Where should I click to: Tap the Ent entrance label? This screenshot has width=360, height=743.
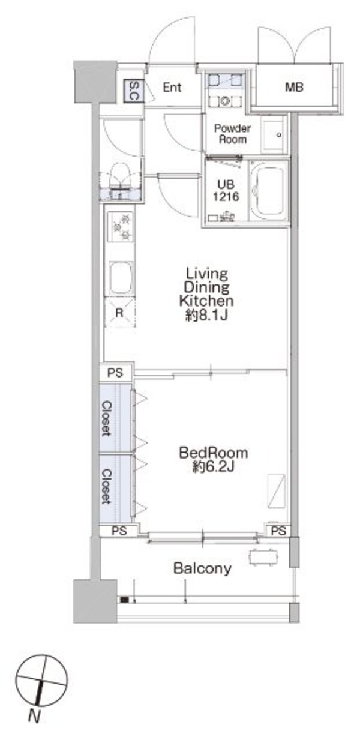[172, 88]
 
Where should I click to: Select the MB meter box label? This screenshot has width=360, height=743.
[294, 88]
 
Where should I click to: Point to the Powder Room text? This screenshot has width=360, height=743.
[232, 134]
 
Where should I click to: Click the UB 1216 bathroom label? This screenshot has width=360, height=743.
[226, 190]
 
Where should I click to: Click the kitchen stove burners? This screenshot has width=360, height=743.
[120, 227]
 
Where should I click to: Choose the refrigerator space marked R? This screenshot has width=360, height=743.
[119, 313]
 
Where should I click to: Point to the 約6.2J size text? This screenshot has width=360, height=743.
[214, 467]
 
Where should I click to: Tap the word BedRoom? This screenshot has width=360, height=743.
[214, 453]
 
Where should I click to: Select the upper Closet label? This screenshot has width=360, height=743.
[106, 418]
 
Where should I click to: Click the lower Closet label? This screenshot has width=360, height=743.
[106, 487]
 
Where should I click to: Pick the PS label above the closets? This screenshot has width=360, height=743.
[115, 373]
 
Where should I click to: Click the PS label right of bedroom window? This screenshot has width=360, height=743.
[278, 531]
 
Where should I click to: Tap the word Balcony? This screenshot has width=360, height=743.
[203, 568]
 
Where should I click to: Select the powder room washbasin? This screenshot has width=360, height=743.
[273, 134]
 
